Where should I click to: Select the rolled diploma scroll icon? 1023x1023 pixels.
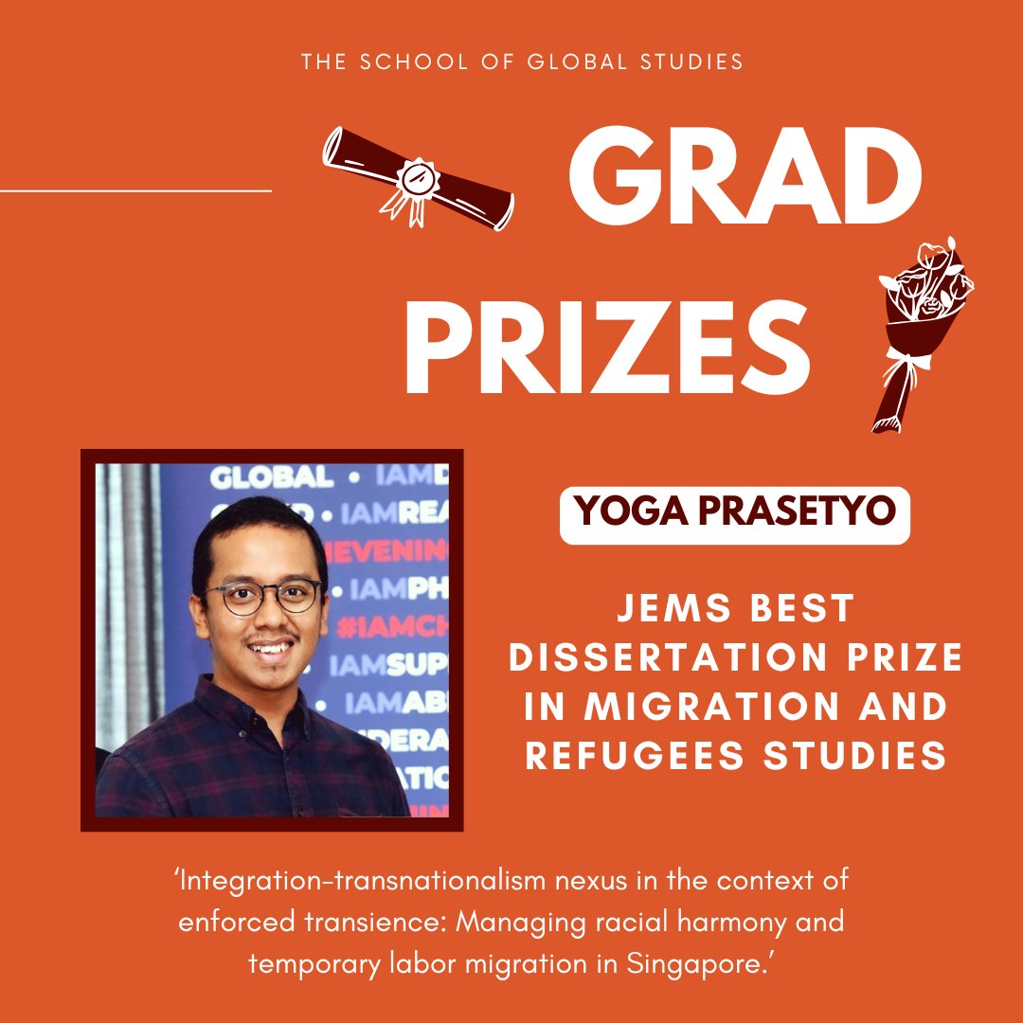pyautogui.click(x=418, y=177)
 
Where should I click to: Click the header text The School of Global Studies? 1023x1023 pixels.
pyautogui.click(x=522, y=63)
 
